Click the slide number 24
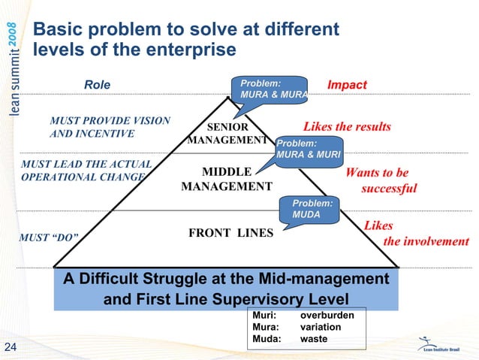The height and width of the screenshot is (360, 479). pos(11,346)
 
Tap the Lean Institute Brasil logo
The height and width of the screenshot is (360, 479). pos(444,345)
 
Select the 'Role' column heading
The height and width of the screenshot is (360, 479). pos(96,85)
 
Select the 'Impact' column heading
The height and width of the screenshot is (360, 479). pos(347,85)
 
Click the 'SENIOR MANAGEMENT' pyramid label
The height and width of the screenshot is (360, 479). pos(227,133)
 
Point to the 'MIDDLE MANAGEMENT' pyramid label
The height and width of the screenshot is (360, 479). pos(226,179)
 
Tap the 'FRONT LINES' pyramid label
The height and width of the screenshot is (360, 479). pos(230,233)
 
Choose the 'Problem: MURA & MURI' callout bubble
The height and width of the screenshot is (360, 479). pos(308,149)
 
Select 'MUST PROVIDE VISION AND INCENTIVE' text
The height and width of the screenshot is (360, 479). pos(110,127)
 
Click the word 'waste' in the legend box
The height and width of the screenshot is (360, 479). pos(314,339)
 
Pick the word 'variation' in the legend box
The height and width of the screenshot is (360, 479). pos(321,328)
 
